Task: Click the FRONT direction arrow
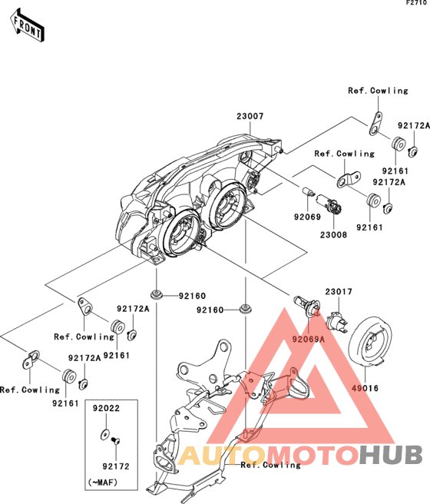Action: pyautogui.click(x=27, y=25)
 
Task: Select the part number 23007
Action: pyautogui.click(x=250, y=116)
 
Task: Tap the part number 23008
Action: pyautogui.click(x=333, y=235)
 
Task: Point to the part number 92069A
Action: pyautogui.click(x=308, y=339)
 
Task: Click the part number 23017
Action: pyautogui.click(x=339, y=291)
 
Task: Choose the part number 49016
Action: pyautogui.click(x=365, y=388)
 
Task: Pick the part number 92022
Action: pyautogui.click(x=106, y=408)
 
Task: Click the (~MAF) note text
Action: pyautogui.click(x=103, y=482)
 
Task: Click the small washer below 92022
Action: pyautogui.click(x=104, y=435)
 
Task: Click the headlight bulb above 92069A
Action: pyautogui.click(x=306, y=303)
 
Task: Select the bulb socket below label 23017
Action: pyautogui.click(x=336, y=322)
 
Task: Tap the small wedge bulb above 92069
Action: pyautogui.click(x=308, y=191)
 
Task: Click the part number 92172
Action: pyautogui.click(x=116, y=466)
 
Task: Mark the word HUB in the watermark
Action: pyautogui.click(x=391, y=455)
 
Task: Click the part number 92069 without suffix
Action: pyautogui.click(x=307, y=217)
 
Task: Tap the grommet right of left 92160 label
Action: pyautogui.click(x=157, y=293)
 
